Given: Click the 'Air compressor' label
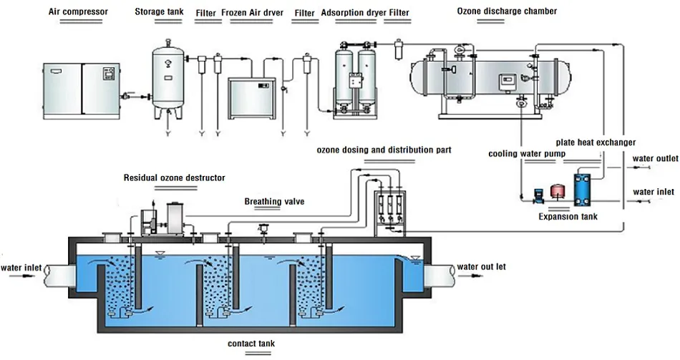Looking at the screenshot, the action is (x=78, y=11).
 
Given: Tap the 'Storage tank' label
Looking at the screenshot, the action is (x=159, y=11).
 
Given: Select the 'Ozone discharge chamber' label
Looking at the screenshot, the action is (x=507, y=11).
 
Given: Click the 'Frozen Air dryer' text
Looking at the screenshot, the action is (x=253, y=13).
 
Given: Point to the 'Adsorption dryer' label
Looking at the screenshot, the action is (x=354, y=13).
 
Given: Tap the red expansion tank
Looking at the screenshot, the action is (x=556, y=191).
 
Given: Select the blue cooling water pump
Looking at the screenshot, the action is (x=538, y=195).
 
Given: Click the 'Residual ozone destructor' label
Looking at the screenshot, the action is (x=175, y=177).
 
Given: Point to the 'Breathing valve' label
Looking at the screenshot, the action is (x=275, y=201).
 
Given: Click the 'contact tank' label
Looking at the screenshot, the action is (x=251, y=344).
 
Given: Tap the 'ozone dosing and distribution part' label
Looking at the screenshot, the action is (x=384, y=150).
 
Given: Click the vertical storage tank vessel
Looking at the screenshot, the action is (x=167, y=79).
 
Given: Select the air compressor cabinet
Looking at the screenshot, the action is (x=82, y=91).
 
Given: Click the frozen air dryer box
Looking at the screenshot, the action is (x=251, y=98).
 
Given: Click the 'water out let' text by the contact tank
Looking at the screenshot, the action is (x=482, y=267).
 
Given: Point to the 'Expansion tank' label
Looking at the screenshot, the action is (x=568, y=216).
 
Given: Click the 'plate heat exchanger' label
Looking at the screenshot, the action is (x=596, y=142).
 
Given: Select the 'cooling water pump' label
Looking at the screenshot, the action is (x=527, y=154).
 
